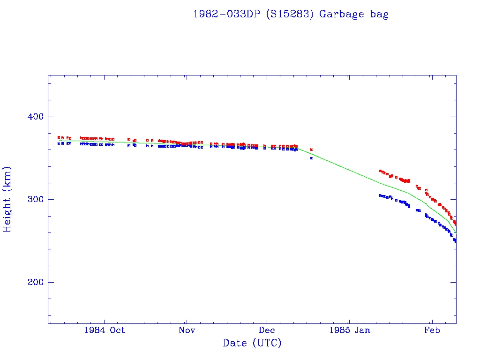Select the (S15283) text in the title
290,14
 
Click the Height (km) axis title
7,199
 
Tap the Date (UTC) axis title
252,343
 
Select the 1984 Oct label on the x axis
104,330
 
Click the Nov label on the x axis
187,330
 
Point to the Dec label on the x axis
267,330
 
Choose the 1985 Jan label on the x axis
349,330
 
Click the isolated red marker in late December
312,150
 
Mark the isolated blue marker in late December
312,158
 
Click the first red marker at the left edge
59,137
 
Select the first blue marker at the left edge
59,143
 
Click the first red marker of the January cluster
380,171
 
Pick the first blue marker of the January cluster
380,195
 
